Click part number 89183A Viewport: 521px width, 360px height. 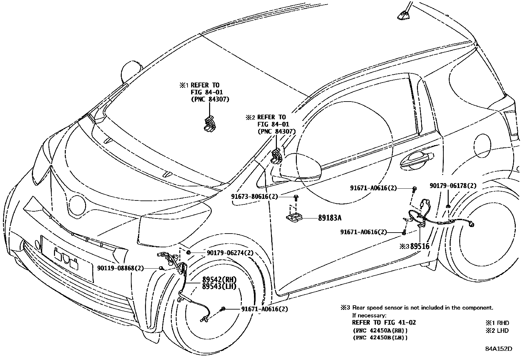(332, 218)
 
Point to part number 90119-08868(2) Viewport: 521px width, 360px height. (120, 268)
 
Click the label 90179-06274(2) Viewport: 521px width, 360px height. (230, 253)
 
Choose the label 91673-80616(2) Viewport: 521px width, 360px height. (254, 197)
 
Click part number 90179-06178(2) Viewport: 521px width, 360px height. (453, 186)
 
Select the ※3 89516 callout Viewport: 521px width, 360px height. (414, 246)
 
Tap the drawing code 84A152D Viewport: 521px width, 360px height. (498, 349)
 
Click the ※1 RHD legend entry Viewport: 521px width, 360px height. (497, 323)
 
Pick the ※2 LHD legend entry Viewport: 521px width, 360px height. (497, 331)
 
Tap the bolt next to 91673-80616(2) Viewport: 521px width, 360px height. (296, 198)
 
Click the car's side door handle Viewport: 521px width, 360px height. (415, 160)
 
